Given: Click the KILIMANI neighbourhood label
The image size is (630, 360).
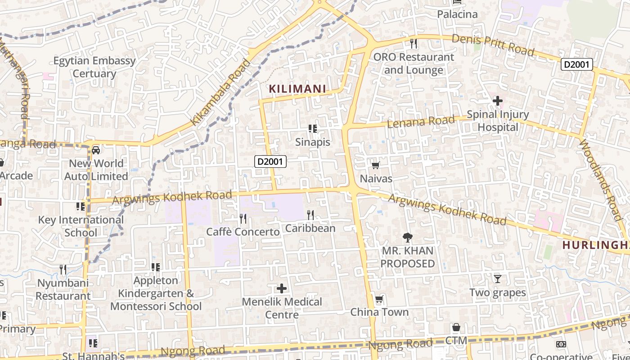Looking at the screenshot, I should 297,89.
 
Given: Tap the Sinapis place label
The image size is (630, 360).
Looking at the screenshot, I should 313,142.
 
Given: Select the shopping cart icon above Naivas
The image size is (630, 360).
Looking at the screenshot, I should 376,166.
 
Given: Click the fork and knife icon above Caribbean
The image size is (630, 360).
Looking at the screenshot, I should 310,215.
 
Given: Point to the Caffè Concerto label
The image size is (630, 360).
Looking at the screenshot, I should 243,232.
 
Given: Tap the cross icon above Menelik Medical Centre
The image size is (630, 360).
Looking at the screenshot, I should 282,288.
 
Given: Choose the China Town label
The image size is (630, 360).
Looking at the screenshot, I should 379,312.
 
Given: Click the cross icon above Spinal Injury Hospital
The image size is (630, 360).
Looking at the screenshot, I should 497,101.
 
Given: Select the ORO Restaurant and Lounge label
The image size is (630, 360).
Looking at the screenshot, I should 414,63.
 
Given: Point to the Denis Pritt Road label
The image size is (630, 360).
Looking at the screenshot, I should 493,45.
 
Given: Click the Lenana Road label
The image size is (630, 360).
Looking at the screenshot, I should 421,121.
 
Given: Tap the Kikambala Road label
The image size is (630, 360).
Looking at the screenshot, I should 220,92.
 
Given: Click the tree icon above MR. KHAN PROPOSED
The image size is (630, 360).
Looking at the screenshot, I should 408,237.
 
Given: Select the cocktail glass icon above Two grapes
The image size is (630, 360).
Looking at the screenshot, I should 498,279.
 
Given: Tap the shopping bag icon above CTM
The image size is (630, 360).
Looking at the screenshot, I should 456,327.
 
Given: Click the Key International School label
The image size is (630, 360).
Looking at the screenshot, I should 81,226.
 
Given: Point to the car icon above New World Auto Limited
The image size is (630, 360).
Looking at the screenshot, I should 96,150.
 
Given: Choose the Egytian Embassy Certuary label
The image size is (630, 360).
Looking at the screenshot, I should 94,67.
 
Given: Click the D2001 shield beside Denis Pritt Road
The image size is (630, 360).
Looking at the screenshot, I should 576,64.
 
